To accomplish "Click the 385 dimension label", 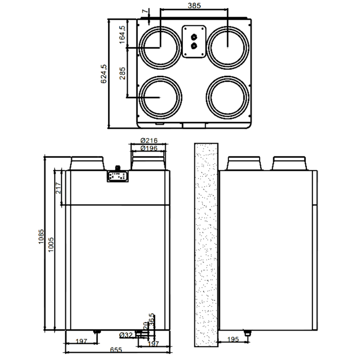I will tap(194, 5).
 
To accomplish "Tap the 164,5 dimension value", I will tap(122, 35).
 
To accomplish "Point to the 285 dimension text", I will tap(122, 73).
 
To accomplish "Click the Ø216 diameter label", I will tap(149, 141).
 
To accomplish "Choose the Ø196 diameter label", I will tap(149, 148).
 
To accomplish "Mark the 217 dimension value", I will tap(58, 187).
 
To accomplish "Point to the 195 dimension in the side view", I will tap(232, 339).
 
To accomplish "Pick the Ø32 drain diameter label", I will tap(126, 335).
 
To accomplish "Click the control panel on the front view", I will tap(117, 176).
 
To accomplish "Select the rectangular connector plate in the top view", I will tap(194, 41).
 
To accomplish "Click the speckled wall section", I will tap(206, 245).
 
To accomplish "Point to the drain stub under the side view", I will tap(248, 332).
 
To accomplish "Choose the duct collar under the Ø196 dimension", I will tap(149, 163).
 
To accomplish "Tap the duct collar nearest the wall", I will tap(244, 163).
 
